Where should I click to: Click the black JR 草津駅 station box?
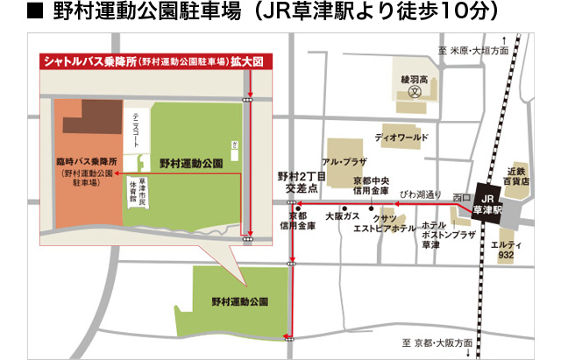[486, 205]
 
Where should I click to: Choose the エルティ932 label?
[506, 249]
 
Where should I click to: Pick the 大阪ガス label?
[342, 215]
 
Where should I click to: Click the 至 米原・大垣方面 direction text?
[472, 52]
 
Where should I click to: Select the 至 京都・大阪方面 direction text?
[437, 342]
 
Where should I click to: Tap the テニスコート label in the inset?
[136, 131]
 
